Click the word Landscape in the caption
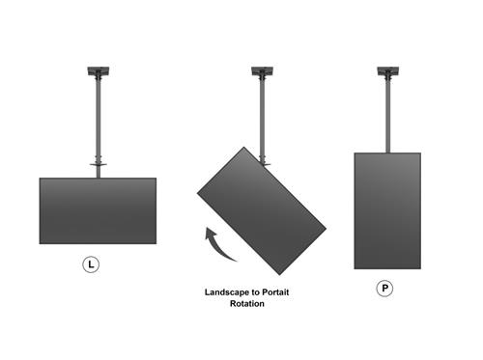(227, 291)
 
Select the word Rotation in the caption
(246, 304)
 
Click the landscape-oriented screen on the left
(98, 210)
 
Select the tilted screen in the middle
(261, 208)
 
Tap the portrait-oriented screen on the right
(386, 210)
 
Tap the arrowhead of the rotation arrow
(208, 233)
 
